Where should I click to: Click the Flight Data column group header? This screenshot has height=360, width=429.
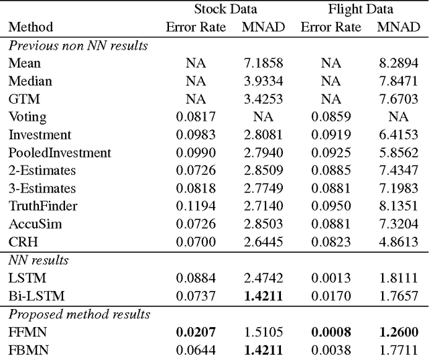[x=360, y=9]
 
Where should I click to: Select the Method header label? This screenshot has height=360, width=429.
[x=30, y=27]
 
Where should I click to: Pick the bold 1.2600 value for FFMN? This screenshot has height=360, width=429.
[x=397, y=331]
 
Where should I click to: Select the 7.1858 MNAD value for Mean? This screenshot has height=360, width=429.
[x=262, y=64]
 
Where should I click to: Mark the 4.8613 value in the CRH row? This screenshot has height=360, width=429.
[x=397, y=240]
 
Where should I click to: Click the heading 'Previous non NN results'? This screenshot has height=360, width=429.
[x=78, y=46]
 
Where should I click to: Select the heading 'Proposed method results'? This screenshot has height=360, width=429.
[x=79, y=314]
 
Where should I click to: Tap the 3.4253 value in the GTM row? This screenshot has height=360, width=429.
[x=262, y=99]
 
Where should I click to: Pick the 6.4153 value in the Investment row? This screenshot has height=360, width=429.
[x=397, y=134]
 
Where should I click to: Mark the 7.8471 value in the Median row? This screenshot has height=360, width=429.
[x=397, y=81]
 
